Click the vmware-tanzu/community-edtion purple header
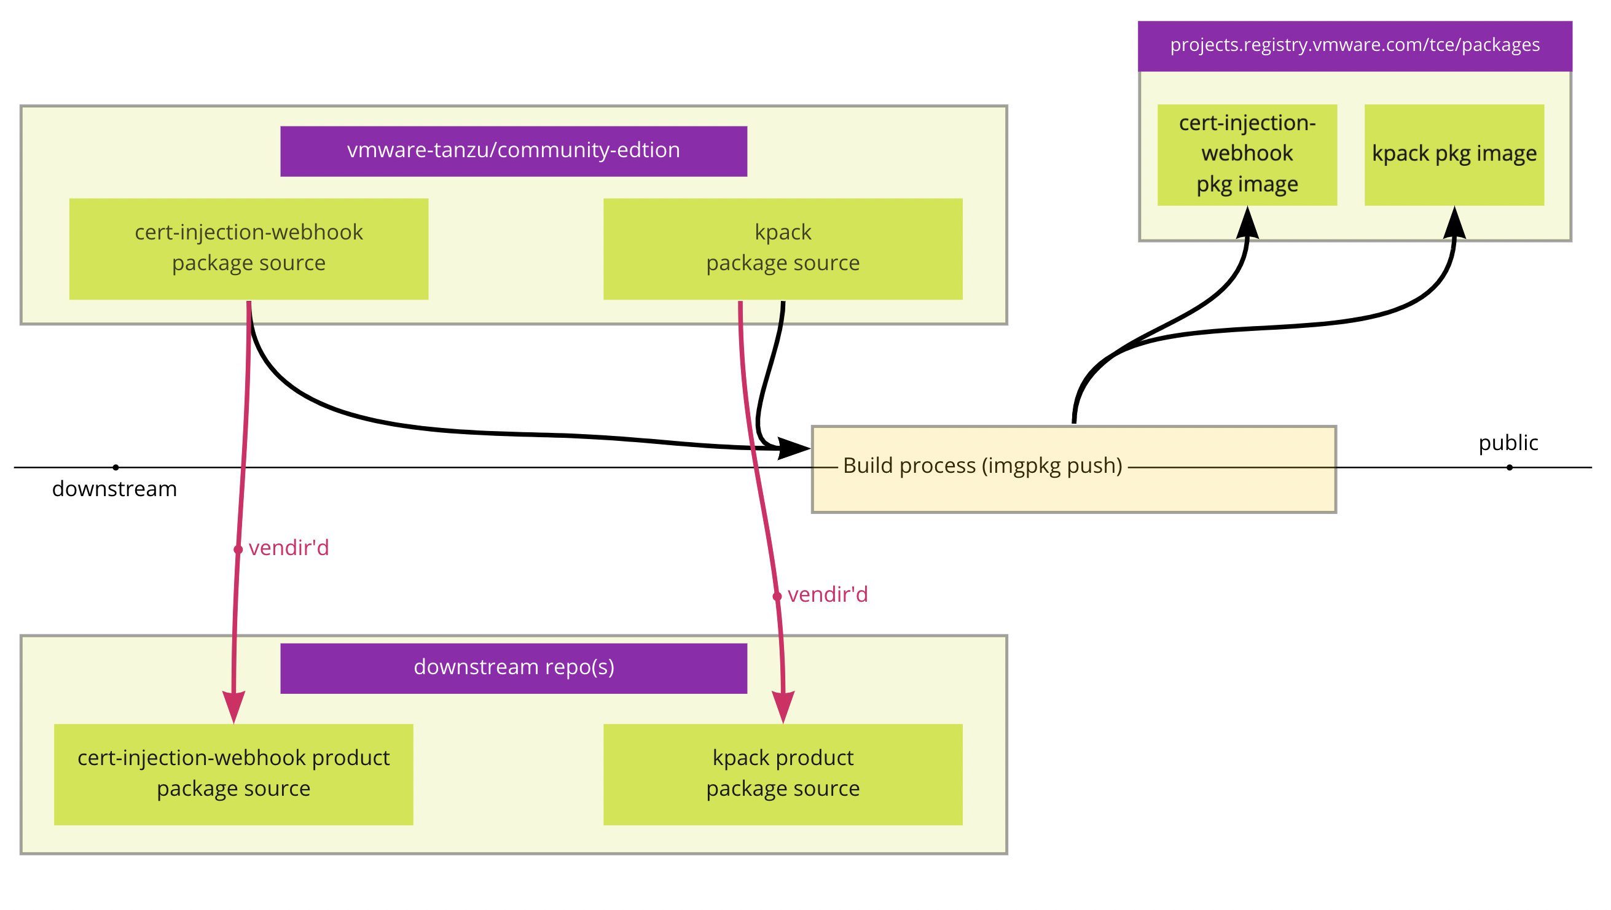(x=514, y=151)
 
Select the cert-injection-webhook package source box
(x=248, y=249)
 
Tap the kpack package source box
(x=782, y=249)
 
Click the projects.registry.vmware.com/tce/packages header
(x=1355, y=45)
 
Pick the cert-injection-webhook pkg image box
(x=1247, y=154)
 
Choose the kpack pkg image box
(x=1454, y=154)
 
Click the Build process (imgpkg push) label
(x=982, y=465)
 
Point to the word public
(x=1508, y=443)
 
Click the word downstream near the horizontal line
(x=114, y=489)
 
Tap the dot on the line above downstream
(x=116, y=467)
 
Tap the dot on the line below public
(x=1509, y=467)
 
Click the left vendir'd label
(x=288, y=548)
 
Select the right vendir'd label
(x=827, y=595)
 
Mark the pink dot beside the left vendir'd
(x=238, y=550)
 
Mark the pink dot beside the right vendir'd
(x=777, y=597)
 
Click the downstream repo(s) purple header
(x=514, y=668)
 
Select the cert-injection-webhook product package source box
(x=233, y=774)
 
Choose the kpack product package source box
(x=782, y=774)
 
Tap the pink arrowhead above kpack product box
(x=783, y=706)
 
